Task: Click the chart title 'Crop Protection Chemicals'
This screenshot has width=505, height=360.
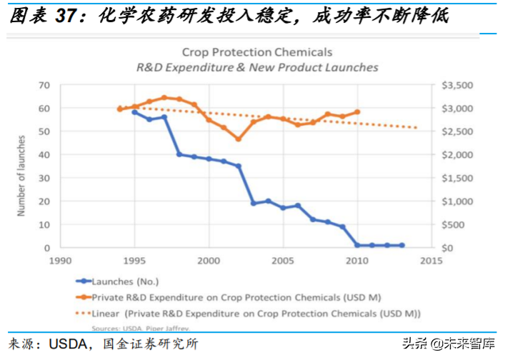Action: click(257, 52)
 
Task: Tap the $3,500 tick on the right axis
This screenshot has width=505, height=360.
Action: click(458, 85)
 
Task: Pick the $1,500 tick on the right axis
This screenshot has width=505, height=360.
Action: click(458, 178)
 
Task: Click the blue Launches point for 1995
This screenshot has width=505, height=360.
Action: click(134, 112)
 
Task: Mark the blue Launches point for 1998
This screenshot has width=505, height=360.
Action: click(179, 154)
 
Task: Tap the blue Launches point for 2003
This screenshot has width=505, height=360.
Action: click(254, 204)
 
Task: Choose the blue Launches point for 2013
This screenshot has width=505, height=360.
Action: click(402, 245)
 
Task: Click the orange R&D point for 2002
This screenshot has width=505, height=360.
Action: click(239, 139)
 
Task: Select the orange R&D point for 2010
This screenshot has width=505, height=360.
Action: click(357, 112)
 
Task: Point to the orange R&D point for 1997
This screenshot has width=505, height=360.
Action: click(164, 98)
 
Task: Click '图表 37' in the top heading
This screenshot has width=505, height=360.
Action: click(43, 16)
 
